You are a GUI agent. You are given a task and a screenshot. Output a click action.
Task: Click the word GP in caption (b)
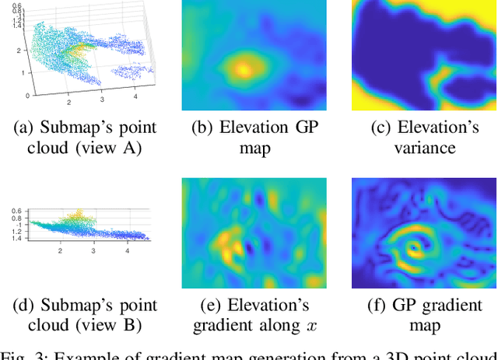tap(300, 127)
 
